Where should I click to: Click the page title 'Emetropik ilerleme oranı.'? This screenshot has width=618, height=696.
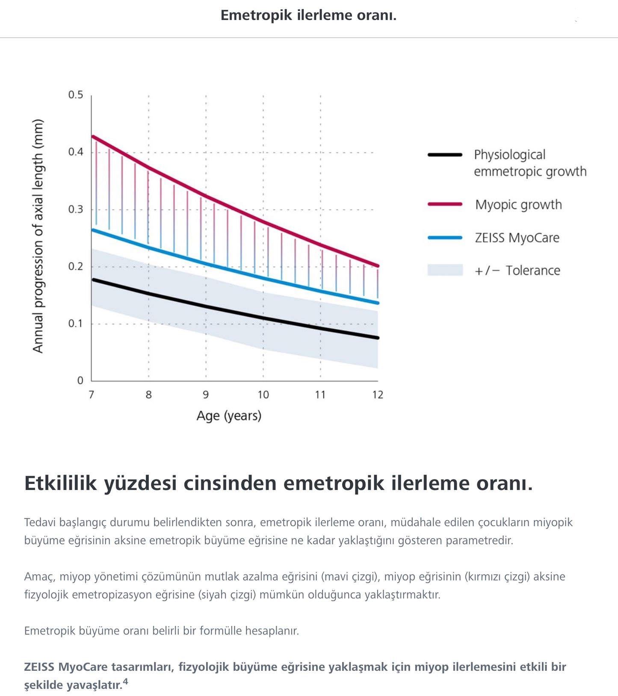308,15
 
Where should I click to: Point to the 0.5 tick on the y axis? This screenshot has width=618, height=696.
76,95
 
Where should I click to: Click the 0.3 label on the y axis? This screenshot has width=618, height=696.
76,209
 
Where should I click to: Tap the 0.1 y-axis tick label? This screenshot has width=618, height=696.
76,324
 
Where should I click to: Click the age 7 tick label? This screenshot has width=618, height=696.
91,395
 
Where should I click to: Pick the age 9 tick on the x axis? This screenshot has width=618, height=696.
206,395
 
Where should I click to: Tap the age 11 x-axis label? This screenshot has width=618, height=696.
320,395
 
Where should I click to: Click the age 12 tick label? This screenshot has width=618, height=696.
378,395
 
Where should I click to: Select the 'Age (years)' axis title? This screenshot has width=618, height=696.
229,416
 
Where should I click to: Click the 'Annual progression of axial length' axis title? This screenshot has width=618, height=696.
38,236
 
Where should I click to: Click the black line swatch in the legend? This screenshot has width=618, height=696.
445,155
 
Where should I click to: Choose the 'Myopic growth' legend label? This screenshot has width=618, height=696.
518,205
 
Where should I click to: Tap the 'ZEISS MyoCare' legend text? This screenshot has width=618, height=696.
517,238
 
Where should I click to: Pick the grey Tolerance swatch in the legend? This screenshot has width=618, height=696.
445,270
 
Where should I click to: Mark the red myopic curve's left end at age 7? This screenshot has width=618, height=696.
93,137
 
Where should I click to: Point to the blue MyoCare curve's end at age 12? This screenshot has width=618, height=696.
377,303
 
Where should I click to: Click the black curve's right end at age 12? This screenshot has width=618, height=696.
377,338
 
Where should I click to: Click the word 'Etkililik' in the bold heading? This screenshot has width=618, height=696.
61,484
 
